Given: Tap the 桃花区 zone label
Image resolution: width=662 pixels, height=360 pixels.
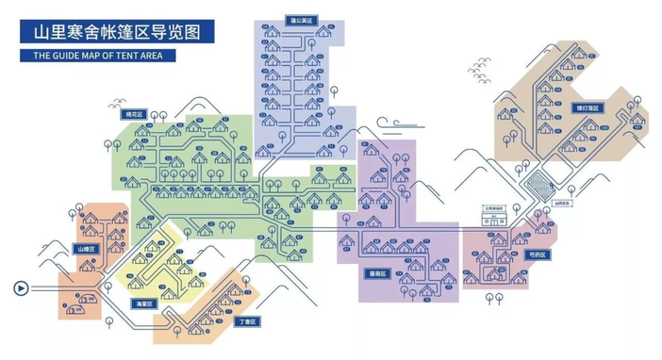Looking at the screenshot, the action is click(x=133, y=114).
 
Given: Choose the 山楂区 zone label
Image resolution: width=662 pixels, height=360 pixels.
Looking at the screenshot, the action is click(x=86, y=249).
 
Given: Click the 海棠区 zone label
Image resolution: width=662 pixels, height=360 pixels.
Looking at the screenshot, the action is click(x=143, y=303).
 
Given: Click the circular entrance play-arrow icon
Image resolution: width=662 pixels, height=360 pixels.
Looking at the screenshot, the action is click(x=21, y=288).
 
